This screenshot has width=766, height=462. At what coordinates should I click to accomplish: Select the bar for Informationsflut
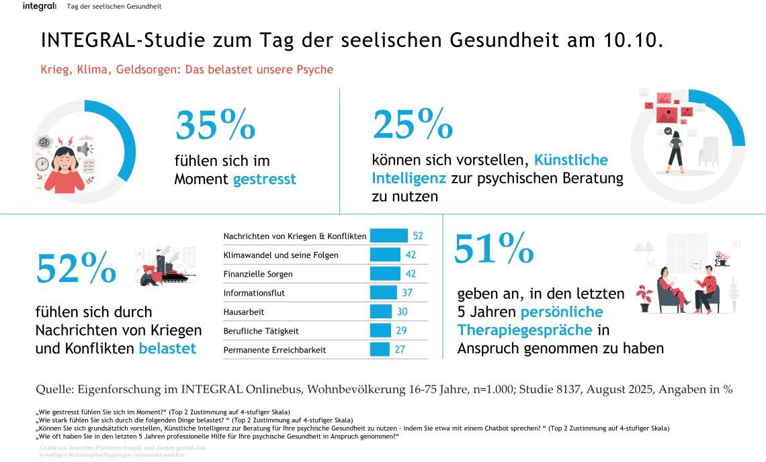(384, 293)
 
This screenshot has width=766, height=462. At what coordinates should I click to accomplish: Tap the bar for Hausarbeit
(381, 312)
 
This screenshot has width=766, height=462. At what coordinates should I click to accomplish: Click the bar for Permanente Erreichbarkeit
(380, 349)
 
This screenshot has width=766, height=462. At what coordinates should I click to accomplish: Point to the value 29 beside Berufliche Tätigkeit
(402, 330)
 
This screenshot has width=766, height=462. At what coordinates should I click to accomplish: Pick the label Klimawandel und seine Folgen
(280, 255)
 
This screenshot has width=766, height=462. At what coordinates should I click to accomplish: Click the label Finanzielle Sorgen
(258, 274)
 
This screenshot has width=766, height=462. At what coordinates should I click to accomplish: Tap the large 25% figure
(413, 124)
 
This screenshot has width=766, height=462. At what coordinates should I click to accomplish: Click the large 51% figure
(494, 248)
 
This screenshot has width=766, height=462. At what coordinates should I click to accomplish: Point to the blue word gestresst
(264, 179)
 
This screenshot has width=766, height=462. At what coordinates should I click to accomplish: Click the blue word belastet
(167, 348)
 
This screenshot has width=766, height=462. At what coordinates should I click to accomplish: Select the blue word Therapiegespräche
(525, 330)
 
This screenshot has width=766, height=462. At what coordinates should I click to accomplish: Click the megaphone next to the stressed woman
(85, 148)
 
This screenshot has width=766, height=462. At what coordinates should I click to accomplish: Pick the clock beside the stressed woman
(42, 164)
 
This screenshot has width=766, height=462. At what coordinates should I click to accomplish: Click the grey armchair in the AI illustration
(709, 154)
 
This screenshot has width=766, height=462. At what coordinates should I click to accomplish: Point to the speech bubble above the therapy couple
(696, 263)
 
